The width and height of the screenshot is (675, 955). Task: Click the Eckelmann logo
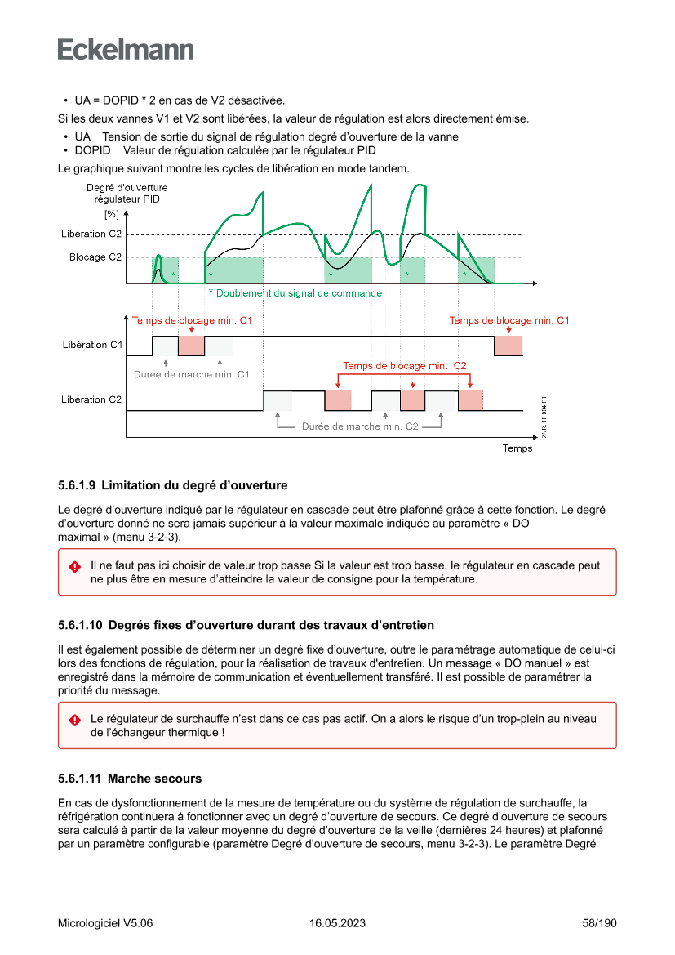[126, 49]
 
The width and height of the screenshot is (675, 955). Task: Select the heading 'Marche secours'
[154, 778]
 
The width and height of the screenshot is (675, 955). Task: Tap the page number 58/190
[600, 923]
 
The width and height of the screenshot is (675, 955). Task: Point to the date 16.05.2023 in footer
[337, 923]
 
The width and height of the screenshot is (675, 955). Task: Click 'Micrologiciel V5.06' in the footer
[105, 923]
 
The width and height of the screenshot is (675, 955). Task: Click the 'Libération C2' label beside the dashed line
[91, 234]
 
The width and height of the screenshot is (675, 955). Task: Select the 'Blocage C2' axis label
[95, 257]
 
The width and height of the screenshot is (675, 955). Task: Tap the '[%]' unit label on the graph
[111, 215]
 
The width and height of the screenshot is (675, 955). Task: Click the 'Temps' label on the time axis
[517, 448]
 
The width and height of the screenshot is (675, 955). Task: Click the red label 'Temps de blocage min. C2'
[404, 365]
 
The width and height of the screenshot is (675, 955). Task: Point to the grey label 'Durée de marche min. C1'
[191, 374]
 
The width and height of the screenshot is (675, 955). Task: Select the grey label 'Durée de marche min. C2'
[360, 426]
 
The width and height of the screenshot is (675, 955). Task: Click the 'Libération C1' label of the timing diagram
[91, 345]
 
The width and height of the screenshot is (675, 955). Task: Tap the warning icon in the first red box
[74, 566]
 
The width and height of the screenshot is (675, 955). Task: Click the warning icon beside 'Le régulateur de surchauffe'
[74, 720]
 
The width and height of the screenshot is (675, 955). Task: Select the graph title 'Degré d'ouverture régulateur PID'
[127, 194]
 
